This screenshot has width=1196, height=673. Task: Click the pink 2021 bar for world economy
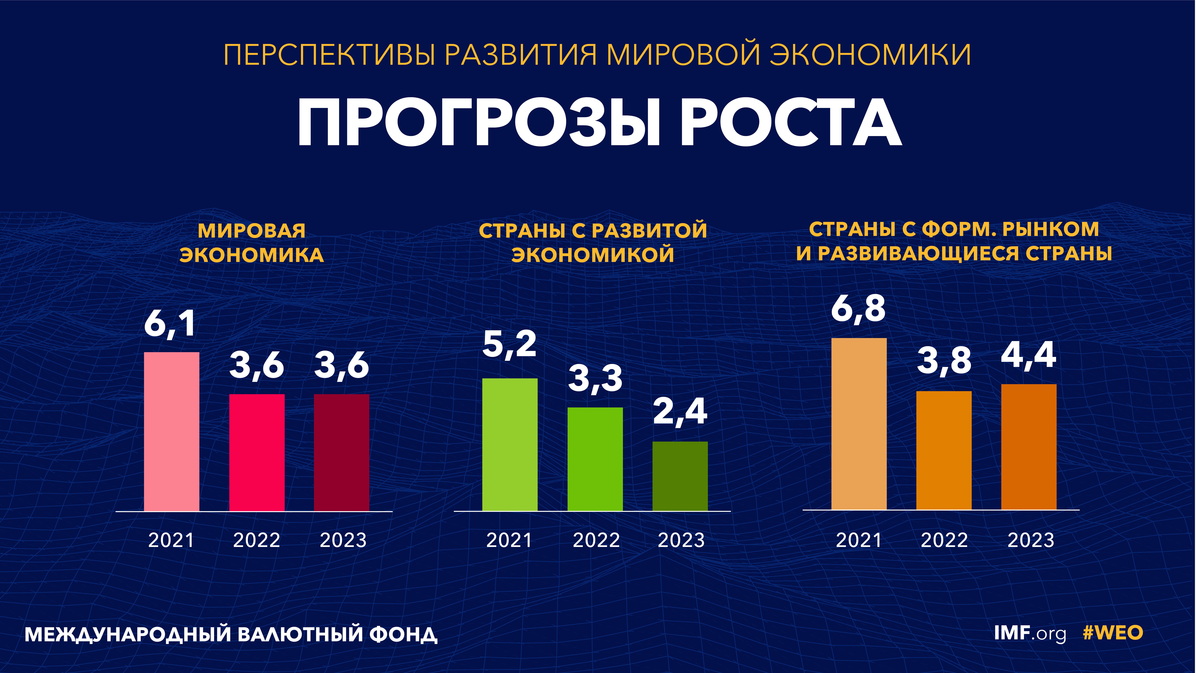pos(172,432)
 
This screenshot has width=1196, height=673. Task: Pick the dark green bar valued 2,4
pos(680,476)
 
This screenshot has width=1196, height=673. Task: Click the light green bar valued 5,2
pos(510,445)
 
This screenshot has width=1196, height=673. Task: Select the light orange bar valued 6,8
pos(859,424)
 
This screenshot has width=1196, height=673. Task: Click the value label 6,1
pos(170,324)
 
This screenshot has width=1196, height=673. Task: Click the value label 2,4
pos(680,412)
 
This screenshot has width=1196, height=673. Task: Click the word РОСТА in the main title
pos(791,123)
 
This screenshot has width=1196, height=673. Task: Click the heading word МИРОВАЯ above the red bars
pos(252,231)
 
